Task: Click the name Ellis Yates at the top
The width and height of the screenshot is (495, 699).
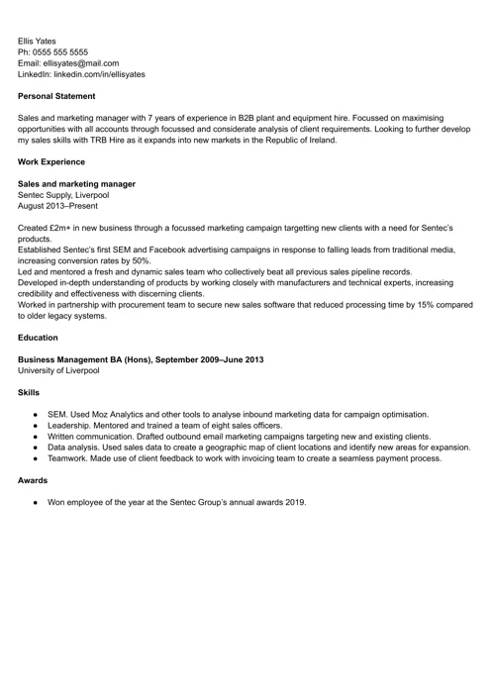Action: point(37,41)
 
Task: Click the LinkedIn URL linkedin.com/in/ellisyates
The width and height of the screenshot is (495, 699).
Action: point(99,74)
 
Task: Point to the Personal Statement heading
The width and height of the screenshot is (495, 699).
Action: point(56,96)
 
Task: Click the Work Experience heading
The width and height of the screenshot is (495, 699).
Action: point(52,161)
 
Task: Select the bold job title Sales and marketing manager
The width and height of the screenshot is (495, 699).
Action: point(76,184)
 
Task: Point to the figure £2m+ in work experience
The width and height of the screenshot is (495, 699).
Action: point(60,228)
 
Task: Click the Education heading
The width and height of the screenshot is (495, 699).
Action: point(38,338)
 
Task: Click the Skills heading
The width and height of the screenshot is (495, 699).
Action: point(30,392)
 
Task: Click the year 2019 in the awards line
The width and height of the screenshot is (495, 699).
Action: point(296,502)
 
